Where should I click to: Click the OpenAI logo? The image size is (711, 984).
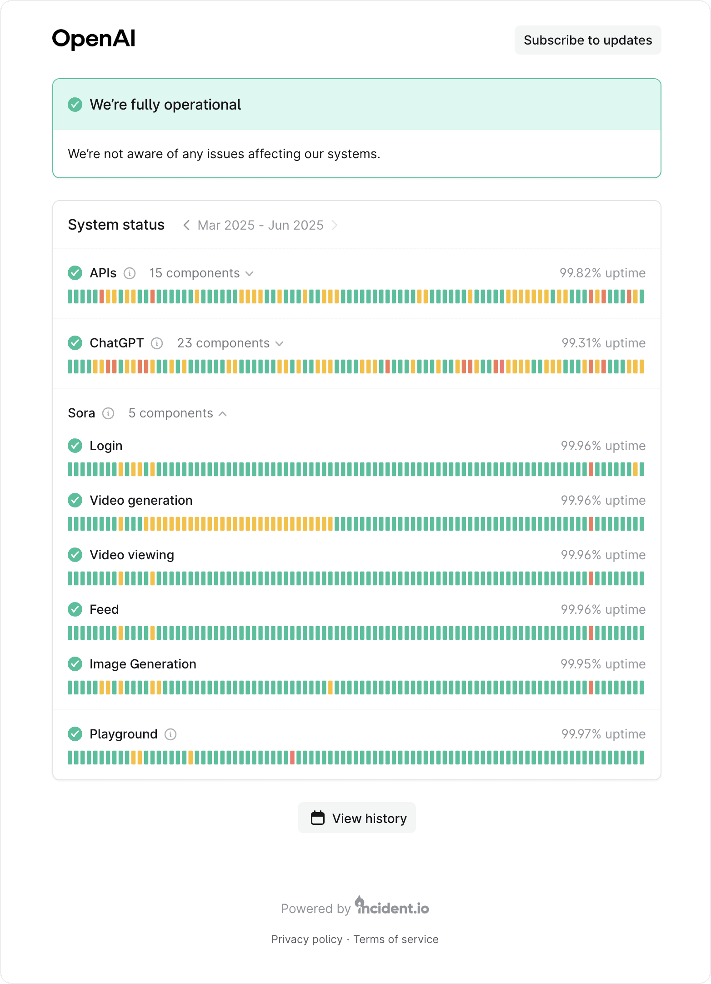pos(94,39)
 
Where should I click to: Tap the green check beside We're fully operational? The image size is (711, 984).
pos(75,105)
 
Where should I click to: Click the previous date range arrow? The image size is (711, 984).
pos(186,225)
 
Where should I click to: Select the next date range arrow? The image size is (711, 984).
pos(335,225)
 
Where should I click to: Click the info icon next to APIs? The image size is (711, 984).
pos(130,273)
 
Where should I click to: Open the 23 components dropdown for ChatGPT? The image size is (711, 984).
pos(230,343)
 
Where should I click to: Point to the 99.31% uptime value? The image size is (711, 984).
pos(603,343)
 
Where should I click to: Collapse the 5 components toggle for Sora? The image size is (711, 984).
pos(177,413)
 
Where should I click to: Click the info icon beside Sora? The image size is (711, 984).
pos(108,413)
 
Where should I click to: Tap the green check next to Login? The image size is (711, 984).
pos(75,446)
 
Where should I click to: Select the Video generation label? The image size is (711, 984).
pos(141,500)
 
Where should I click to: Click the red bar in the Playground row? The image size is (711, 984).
pos(292,758)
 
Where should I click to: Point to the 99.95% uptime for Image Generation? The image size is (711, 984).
pos(603,664)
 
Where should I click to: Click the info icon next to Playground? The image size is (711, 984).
pos(170,734)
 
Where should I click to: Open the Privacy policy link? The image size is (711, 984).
pos(307,939)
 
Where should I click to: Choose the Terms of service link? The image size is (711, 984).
pos(396,939)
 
